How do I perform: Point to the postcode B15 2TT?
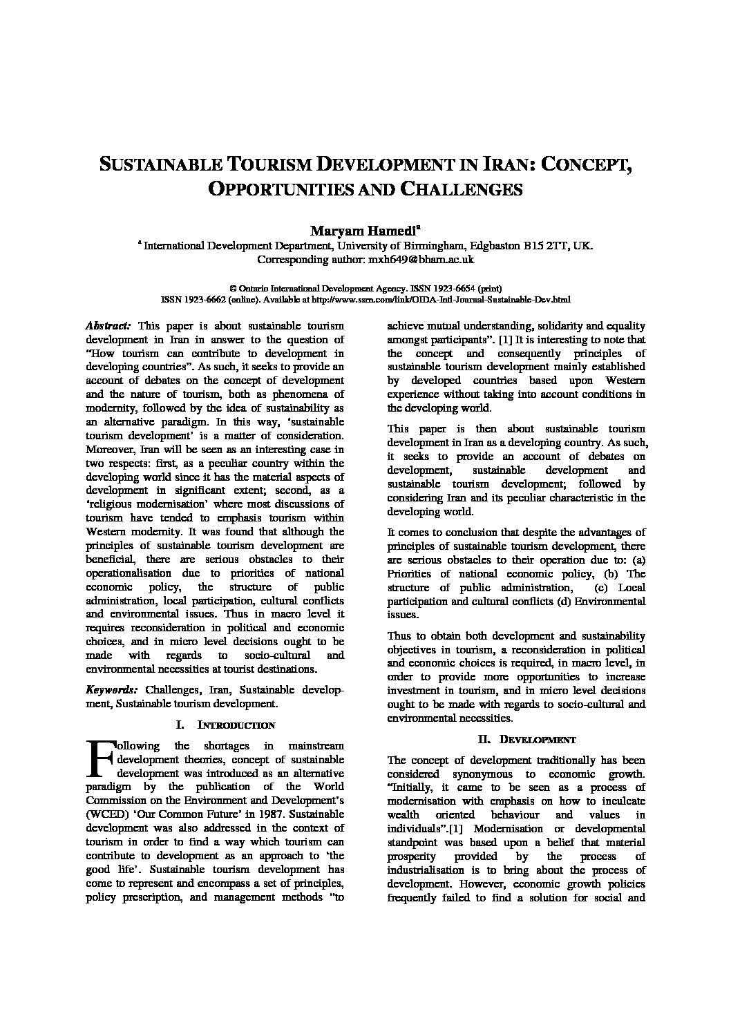pos(544,245)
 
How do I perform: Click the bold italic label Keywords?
pos(111,690)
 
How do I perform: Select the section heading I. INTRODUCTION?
pos(226,725)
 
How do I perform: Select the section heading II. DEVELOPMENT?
pos(527,739)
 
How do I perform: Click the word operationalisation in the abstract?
pos(128,573)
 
